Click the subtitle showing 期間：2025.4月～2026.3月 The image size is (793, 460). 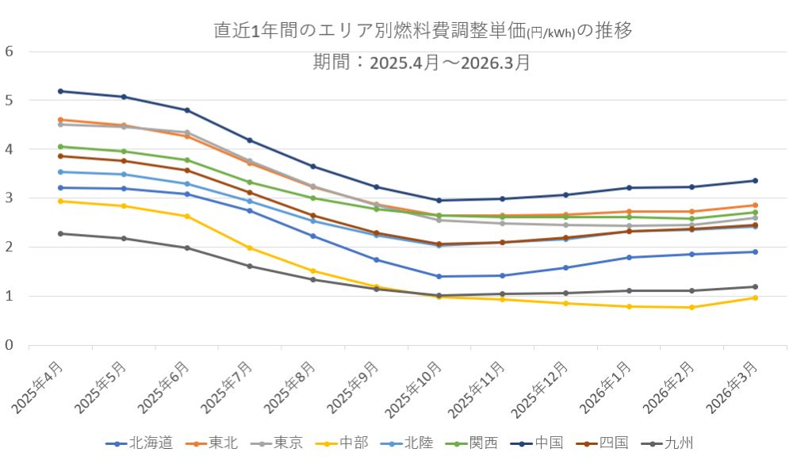(x=422, y=63)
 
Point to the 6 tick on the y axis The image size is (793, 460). (x=10, y=52)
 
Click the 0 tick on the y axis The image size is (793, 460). (x=10, y=345)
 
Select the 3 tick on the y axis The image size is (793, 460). (x=10, y=198)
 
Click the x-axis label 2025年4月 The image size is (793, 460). (x=39, y=389)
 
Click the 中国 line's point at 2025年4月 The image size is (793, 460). (x=60, y=91)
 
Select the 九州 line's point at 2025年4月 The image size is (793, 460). (x=60, y=233)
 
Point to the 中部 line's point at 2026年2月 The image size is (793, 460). (x=691, y=307)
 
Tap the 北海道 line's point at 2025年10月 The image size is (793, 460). (x=439, y=276)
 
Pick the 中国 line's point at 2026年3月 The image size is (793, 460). (x=754, y=181)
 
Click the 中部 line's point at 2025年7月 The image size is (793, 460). (x=250, y=248)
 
